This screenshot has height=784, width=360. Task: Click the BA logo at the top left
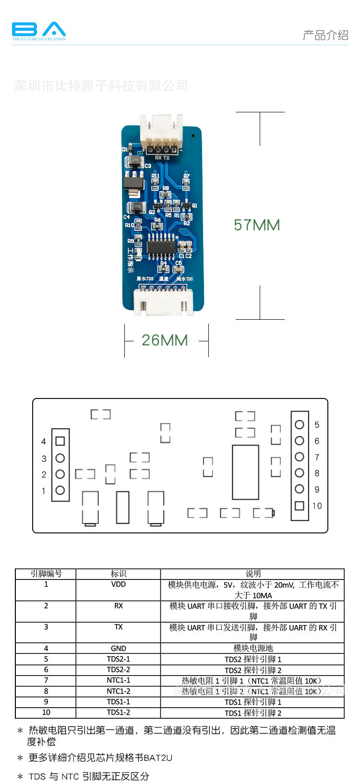click(x=38, y=31)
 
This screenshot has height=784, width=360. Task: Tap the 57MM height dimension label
click(x=257, y=225)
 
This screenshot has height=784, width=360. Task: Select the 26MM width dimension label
click(x=165, y=340)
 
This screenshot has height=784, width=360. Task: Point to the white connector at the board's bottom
click(x=163, y=302)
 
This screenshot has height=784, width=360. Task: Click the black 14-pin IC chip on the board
click(x=161, y=247)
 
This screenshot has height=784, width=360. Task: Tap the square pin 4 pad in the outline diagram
click(x=60, y=441)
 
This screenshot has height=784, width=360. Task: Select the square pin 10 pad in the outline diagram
click(x=300, y=506)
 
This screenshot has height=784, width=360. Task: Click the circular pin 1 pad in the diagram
click(x=60, y=490)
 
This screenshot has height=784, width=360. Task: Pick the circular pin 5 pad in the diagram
click(x=300, y=424)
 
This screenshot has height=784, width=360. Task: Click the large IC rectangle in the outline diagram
click(x=245, y=472)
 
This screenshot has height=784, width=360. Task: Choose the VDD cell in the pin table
click(x=118, y=584)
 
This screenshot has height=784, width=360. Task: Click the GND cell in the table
click(x=118, y=648)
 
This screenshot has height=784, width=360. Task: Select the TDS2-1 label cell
click(x=118, y=659)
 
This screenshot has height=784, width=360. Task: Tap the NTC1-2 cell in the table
click(x=118, y=691)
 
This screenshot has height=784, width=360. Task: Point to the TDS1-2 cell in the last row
click(x=118, y=712)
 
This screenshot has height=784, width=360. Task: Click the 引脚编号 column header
click(x=46, y=574)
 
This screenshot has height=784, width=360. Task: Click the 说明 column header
click(x=253, y=574)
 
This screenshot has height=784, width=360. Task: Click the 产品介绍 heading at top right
click(x=325, y=35)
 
